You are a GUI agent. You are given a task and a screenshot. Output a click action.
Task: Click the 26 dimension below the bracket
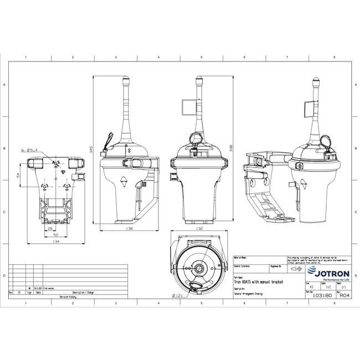(x=50, y=228)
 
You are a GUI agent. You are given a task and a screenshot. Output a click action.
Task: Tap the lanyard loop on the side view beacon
(x=109, y=137)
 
